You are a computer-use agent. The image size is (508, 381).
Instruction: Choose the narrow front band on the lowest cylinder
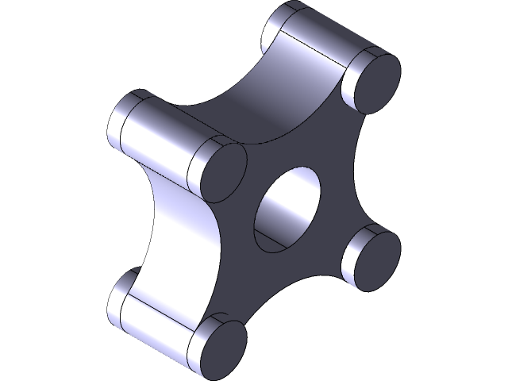point(197,333)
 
